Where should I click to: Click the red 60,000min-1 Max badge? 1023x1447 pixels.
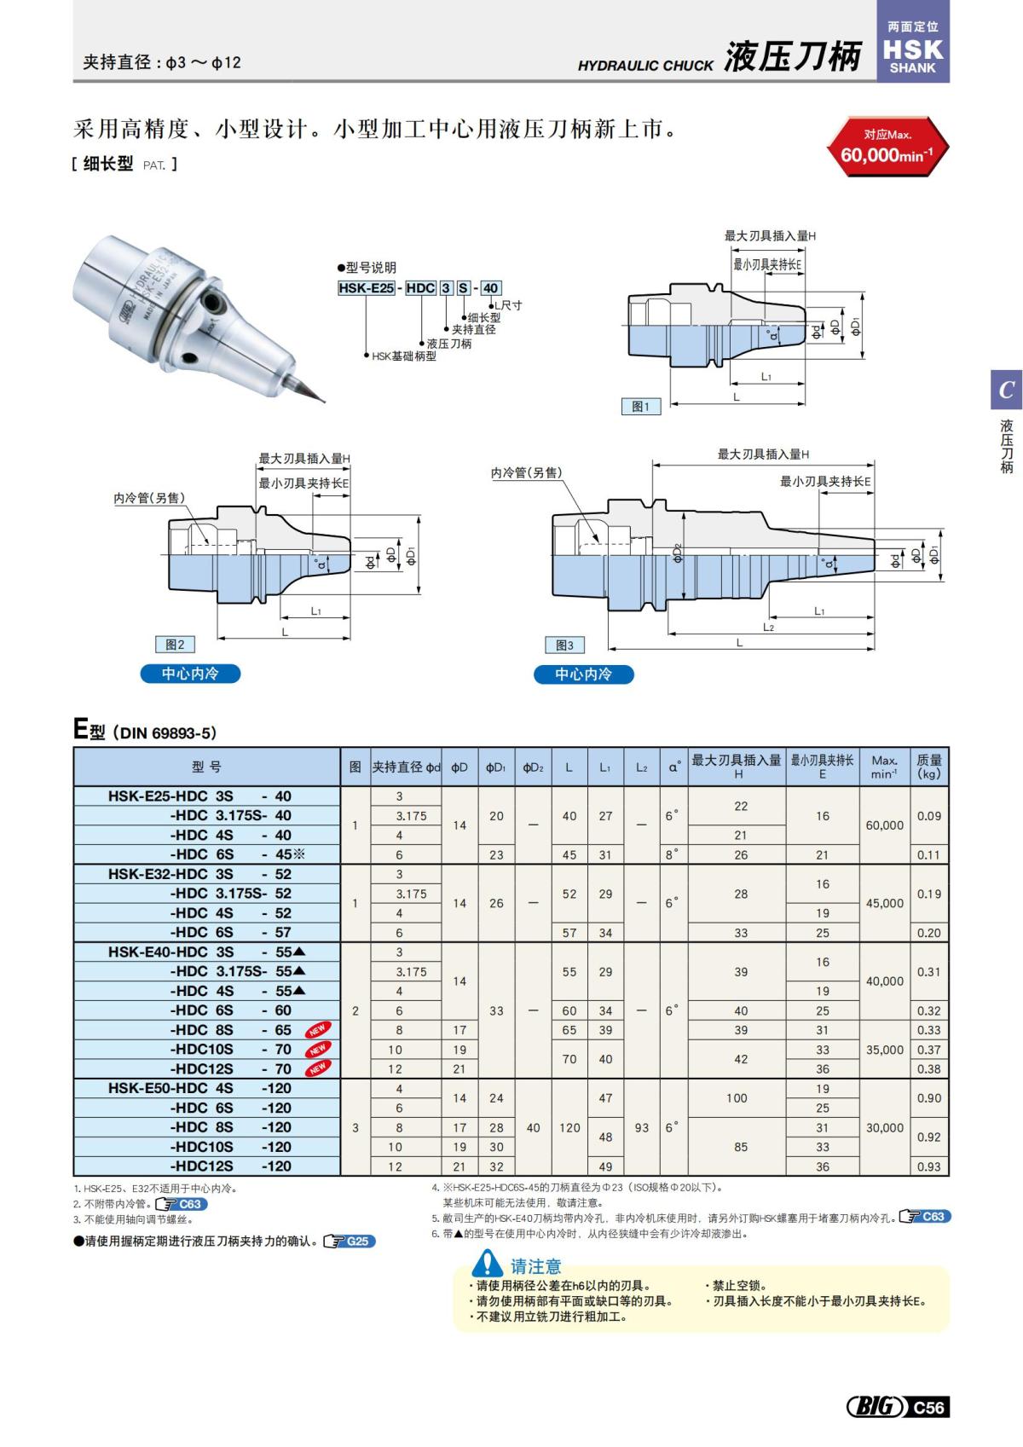coord(887,147)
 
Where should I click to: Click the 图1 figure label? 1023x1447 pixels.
coord(640,407)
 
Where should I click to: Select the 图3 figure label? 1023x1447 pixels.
coord(564,645)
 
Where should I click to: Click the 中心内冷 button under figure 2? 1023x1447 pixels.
coord(190,674)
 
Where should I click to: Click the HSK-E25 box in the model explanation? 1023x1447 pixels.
coord(366,288)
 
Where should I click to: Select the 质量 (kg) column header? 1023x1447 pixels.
coord(928,767)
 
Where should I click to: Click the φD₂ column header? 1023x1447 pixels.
coord(532,767)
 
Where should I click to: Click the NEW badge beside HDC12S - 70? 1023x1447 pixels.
coord(318,1068)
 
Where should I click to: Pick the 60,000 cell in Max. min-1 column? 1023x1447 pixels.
coord(884,825)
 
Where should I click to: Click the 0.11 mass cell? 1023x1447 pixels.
coord(928,854)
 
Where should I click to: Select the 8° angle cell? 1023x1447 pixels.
coord(673,854)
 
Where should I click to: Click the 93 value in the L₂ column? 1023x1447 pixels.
coord(641,1127)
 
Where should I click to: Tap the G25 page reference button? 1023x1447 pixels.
coord(350,1242)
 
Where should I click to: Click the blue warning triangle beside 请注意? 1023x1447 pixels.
coord(488,1263)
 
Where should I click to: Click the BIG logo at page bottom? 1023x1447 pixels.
coord(876,1407)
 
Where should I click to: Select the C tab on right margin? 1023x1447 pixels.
coord(1006,391)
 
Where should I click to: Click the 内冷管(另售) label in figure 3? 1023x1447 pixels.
coord(526,472)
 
